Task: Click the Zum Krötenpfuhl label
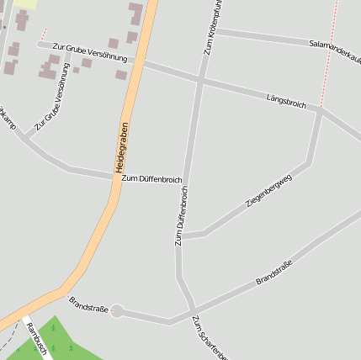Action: [212, 27]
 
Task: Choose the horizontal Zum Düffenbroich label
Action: [151, 178]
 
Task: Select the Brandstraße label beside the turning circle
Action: [88, 304]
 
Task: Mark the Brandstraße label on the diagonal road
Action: [279, 270]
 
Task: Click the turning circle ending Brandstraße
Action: [117, 311]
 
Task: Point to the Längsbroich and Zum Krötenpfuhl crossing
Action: [200, 80]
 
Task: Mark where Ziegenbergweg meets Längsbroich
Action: [321, 109]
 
